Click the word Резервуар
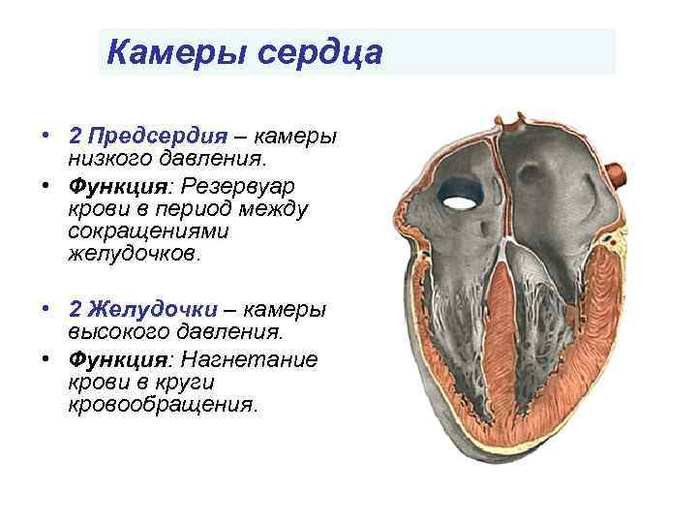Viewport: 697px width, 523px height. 254,184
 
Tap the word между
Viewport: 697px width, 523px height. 278,207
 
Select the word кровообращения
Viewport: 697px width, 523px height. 163,405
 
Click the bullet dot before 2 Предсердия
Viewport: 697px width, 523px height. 45,136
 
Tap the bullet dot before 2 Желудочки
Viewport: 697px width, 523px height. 45,309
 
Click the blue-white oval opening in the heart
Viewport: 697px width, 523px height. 460,200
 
